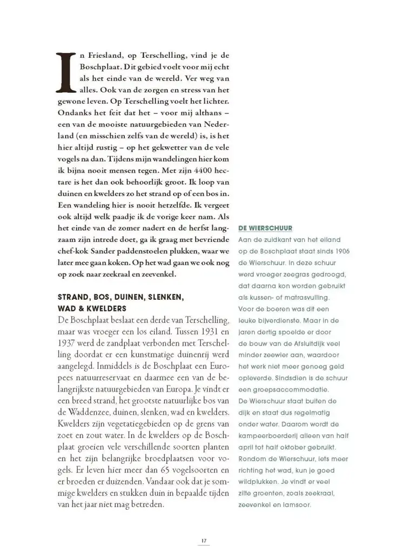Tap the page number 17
pos(204,541)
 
